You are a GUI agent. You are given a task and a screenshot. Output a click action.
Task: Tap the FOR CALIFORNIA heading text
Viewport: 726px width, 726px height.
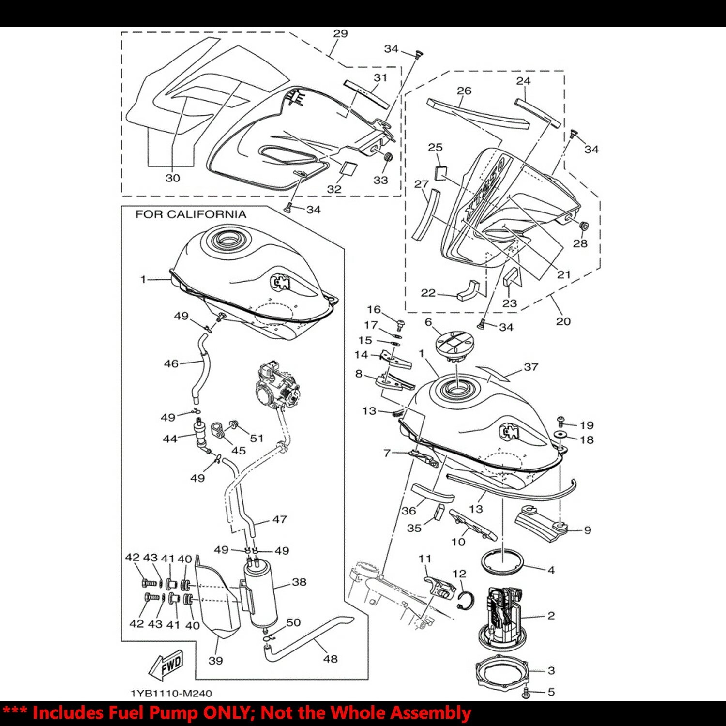[x=190, y=214]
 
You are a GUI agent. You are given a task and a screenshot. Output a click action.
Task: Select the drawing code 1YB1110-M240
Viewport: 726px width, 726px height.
[x=171, y=693]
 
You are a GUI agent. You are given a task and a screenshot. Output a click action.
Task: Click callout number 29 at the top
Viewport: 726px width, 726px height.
[x=340, y=33]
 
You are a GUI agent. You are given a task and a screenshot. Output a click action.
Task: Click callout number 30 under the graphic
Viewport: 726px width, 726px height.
[x=173, y=178]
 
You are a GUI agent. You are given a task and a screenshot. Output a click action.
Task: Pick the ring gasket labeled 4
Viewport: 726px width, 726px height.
[x=503, y=561]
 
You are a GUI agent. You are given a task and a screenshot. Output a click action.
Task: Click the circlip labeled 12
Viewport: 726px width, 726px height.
[x=466, y=601]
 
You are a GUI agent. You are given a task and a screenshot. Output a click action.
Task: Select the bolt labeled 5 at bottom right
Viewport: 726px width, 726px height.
[x=527, y=693]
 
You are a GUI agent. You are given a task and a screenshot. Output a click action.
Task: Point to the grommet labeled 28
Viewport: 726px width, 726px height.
[x=583, y=226]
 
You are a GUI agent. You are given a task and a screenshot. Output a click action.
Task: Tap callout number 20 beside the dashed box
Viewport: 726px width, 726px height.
[x=563, y=321]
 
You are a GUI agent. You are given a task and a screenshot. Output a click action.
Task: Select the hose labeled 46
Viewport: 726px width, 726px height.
[x=200, y=373]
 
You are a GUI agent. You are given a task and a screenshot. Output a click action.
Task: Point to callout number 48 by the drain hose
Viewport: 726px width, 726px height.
[x=331, y=659]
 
